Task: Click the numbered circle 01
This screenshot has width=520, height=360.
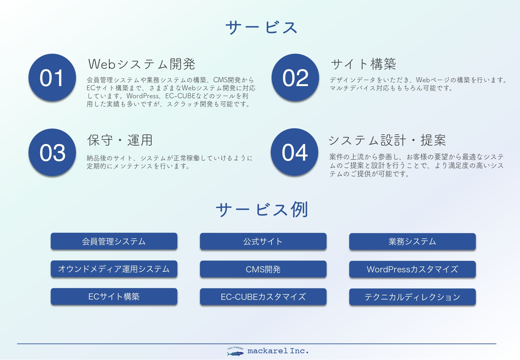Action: pos(52,77)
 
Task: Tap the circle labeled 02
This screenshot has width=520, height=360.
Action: pos(295,77)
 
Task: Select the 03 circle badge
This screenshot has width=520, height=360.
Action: pos(52,152)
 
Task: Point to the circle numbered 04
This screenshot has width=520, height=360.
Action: pos(294,152)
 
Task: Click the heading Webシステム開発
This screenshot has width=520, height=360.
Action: pos(142,64)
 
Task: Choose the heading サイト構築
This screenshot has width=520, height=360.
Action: pos(363,64)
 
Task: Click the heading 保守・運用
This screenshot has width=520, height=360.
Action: pos(120,140)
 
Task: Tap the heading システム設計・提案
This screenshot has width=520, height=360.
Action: pos(387,140)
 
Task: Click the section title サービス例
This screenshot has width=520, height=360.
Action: pos(262,210)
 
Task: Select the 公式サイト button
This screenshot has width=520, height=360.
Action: pos(263,241)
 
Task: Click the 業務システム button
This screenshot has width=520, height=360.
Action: pos(412,241)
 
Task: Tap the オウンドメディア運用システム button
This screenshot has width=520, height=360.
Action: pos(114,269)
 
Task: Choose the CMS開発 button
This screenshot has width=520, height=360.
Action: pos(263,269)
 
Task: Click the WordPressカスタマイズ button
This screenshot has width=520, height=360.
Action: pos(412,269)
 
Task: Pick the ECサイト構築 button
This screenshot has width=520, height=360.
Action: pos(114,297)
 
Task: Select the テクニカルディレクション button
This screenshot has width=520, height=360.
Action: pos(412,297)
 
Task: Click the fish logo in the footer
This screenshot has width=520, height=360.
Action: pos(236,352)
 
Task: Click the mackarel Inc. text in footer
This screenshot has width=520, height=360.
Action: pos(278,351)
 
